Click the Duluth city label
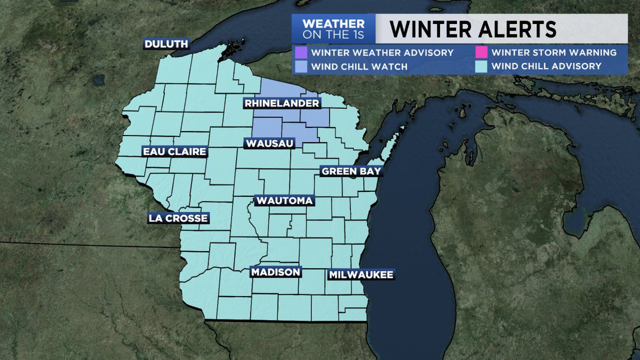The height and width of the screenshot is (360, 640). point(166,44)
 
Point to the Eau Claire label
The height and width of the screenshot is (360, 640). point(174,152)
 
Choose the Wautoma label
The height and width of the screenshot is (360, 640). point(284,201)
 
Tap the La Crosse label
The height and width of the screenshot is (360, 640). point(178,218)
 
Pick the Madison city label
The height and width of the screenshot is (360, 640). point(276,272)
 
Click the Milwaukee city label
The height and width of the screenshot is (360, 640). point(361,275)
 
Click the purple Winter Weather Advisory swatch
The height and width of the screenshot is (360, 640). point(300,53)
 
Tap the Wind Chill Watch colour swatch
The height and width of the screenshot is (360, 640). point(300,67)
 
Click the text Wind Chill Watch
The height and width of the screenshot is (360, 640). point(359,67)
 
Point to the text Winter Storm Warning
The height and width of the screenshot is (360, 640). point(554,53)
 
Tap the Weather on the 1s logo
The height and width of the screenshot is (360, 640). point(333,29)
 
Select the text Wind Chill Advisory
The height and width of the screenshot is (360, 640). point(546,67)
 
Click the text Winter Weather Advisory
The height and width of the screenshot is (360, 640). point(382,53)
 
